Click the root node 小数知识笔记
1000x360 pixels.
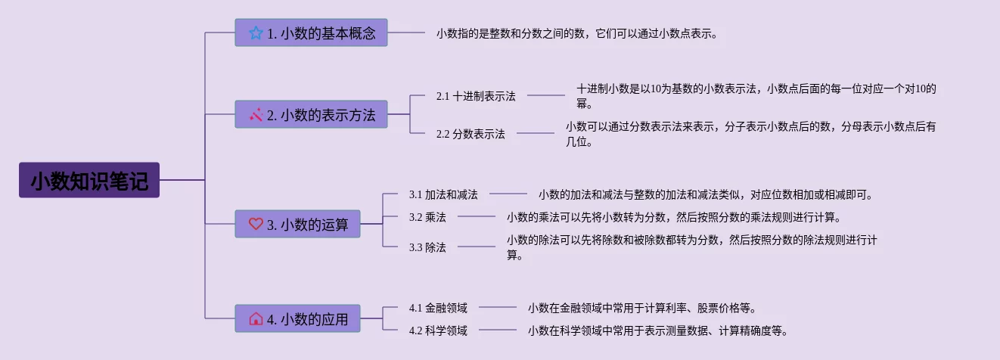(89, 180)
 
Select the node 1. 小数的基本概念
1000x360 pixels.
(311, 33)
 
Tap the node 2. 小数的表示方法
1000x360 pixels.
(311, 115)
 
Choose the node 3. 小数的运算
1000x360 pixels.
(297, 224)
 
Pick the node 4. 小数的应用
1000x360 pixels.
(297, 318)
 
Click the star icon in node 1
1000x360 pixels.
(256, 33)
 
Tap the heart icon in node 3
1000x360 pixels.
(256, 224)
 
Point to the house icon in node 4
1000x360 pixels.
(256, 318)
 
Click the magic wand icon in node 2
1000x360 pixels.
(256, 115)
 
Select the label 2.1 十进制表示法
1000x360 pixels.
(476, 96)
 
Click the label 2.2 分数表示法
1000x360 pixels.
(470, 134)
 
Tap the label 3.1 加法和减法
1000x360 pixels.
(443, 194)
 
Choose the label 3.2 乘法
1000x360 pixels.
(427, 217)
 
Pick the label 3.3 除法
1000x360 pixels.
(427, 247)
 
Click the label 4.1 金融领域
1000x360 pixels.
(438, 308)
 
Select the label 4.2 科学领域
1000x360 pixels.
(438, 331)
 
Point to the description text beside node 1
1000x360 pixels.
(576, 33)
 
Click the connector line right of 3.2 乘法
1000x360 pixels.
(477, 217)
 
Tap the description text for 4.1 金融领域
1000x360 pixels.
(642, 308)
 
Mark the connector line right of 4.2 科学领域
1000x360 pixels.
(498, 331)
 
